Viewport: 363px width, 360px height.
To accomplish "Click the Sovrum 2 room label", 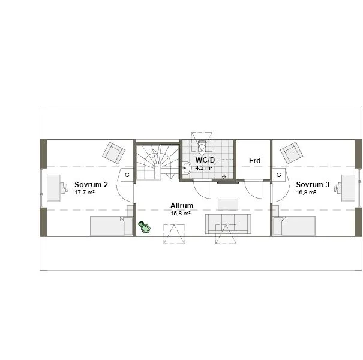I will coord(91,185).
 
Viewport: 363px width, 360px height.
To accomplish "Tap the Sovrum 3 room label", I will coord(313,185).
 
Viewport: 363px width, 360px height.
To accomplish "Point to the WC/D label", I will coord(204,160).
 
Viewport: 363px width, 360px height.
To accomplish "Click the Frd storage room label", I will coord(254,160).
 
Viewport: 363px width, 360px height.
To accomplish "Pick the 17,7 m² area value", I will coord(85,193).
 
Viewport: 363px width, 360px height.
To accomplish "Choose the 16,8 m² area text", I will coord(306,193).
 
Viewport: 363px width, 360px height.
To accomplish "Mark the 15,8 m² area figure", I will coord(180,213).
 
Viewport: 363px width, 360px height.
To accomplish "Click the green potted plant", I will coord(144,227).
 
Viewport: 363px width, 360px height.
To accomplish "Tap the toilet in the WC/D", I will coord(202,148).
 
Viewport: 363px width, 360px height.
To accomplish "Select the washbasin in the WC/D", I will coord(187,168).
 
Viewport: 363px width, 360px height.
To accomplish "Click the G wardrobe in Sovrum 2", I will coord(127,175).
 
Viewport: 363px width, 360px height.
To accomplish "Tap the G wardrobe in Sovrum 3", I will coord(279,175).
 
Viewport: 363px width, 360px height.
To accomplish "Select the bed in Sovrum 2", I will coord(112,226).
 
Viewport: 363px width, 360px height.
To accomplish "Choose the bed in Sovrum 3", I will coord(294,226).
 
